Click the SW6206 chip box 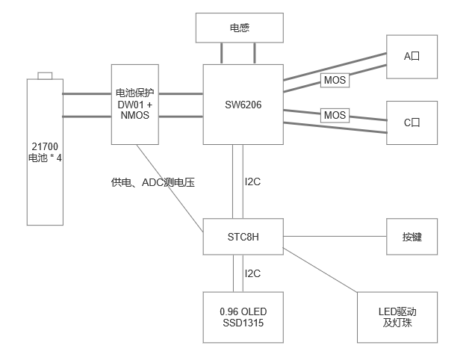(243, 105)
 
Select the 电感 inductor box (239, 28)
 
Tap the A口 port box (412, 56)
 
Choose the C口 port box (412, 122)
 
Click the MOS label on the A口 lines (335, 79)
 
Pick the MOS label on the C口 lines (335, 115)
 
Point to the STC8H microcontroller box (243, 237)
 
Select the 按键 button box (412, 237)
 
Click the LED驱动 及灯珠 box (396, 317)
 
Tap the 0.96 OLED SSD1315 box (243, 317)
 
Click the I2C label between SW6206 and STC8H (252, 181)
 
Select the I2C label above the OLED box (252, 273)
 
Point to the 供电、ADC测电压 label (152, 181)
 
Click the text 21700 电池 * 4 (45, 152)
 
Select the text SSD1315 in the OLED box (243, 323)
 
